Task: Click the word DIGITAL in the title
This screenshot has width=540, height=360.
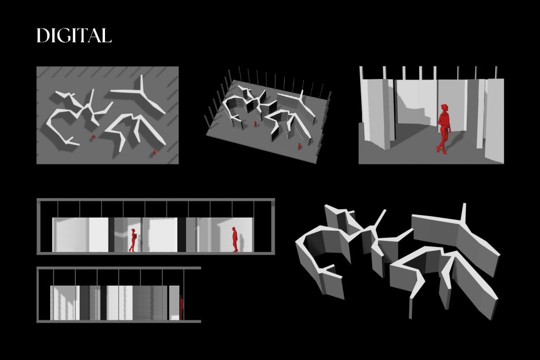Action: [x=74, y=35]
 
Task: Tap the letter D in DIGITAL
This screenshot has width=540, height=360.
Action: [x=42, y=35]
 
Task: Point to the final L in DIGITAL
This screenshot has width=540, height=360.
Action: [x=107, y=35]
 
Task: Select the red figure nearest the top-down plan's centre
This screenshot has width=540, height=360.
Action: [x=94, y=137]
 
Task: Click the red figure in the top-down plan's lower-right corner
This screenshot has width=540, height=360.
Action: [x=155, y=151]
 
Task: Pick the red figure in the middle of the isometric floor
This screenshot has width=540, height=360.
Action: [x=255, y=123]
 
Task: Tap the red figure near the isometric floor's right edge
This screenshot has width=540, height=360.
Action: [x=299, y=146]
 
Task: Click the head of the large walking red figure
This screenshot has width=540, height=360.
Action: [x=445, y=108]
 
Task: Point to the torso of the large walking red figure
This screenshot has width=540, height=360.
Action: [x=444, y=121]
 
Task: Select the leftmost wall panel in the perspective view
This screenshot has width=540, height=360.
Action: [x=375, y=113]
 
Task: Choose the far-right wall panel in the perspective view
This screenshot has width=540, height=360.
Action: [x=494, y=121]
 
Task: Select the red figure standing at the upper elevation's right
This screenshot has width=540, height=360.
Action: [x=235, y=239]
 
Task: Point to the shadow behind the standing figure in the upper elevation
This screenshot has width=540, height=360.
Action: [x=241, y=242]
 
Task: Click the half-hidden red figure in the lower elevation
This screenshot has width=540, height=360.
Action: [x=181, y=307]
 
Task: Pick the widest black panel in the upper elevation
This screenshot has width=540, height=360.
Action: [x=181, y=235]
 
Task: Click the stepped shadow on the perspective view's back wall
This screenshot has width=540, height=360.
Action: [x=415, y=112]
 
